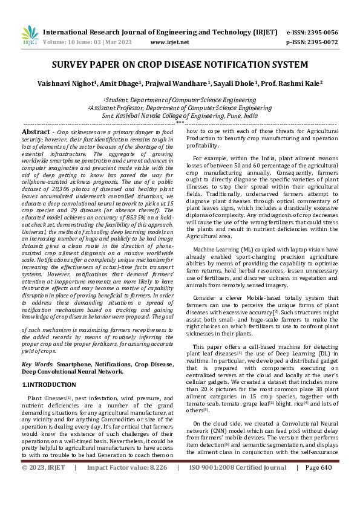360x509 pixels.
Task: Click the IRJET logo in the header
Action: coord(30,36)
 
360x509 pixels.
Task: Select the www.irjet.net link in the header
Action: coord(169,42)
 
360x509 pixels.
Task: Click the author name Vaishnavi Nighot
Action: coord(76,83)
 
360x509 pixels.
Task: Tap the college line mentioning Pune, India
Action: coord(180,115)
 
